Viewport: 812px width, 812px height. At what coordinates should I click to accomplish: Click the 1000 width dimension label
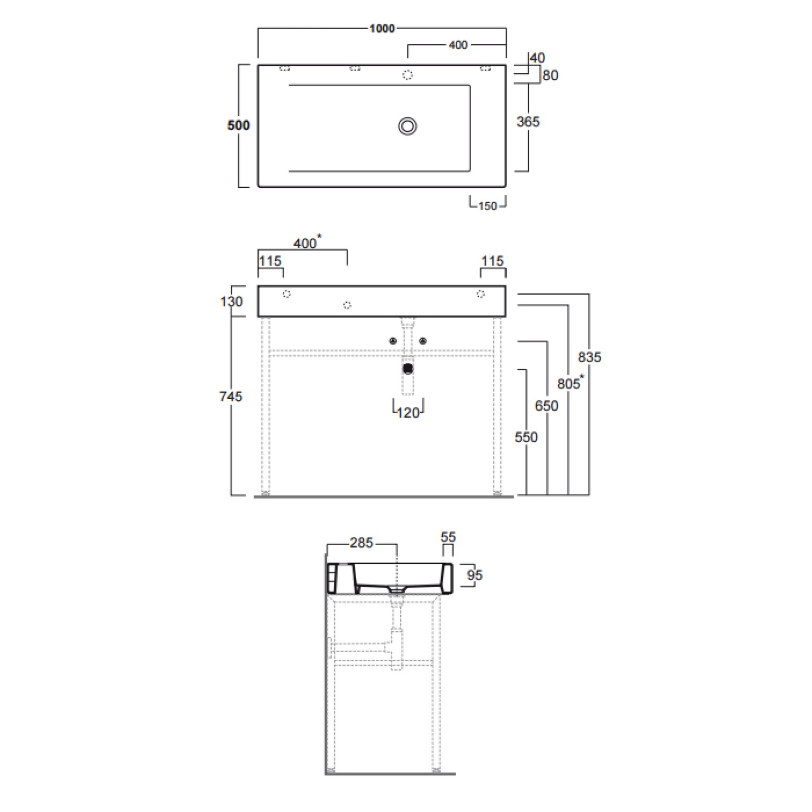coord(382,29)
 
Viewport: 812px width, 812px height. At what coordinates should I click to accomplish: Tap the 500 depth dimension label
coord(238,125)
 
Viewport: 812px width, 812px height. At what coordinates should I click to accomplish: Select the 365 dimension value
coord(528,122)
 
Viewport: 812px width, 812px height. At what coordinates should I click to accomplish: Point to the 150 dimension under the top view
coord(488,206)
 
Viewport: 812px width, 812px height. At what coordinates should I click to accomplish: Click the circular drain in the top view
coord(408,126)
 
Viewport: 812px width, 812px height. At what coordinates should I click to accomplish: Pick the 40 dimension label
coord(537,58)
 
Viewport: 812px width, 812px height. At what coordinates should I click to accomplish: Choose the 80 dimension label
coord(551,75)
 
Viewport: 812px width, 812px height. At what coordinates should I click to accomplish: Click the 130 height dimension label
coord(231,302)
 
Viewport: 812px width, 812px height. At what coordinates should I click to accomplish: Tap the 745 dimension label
coord(231,396)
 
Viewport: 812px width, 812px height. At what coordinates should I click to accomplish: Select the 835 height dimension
coord(589,357)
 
